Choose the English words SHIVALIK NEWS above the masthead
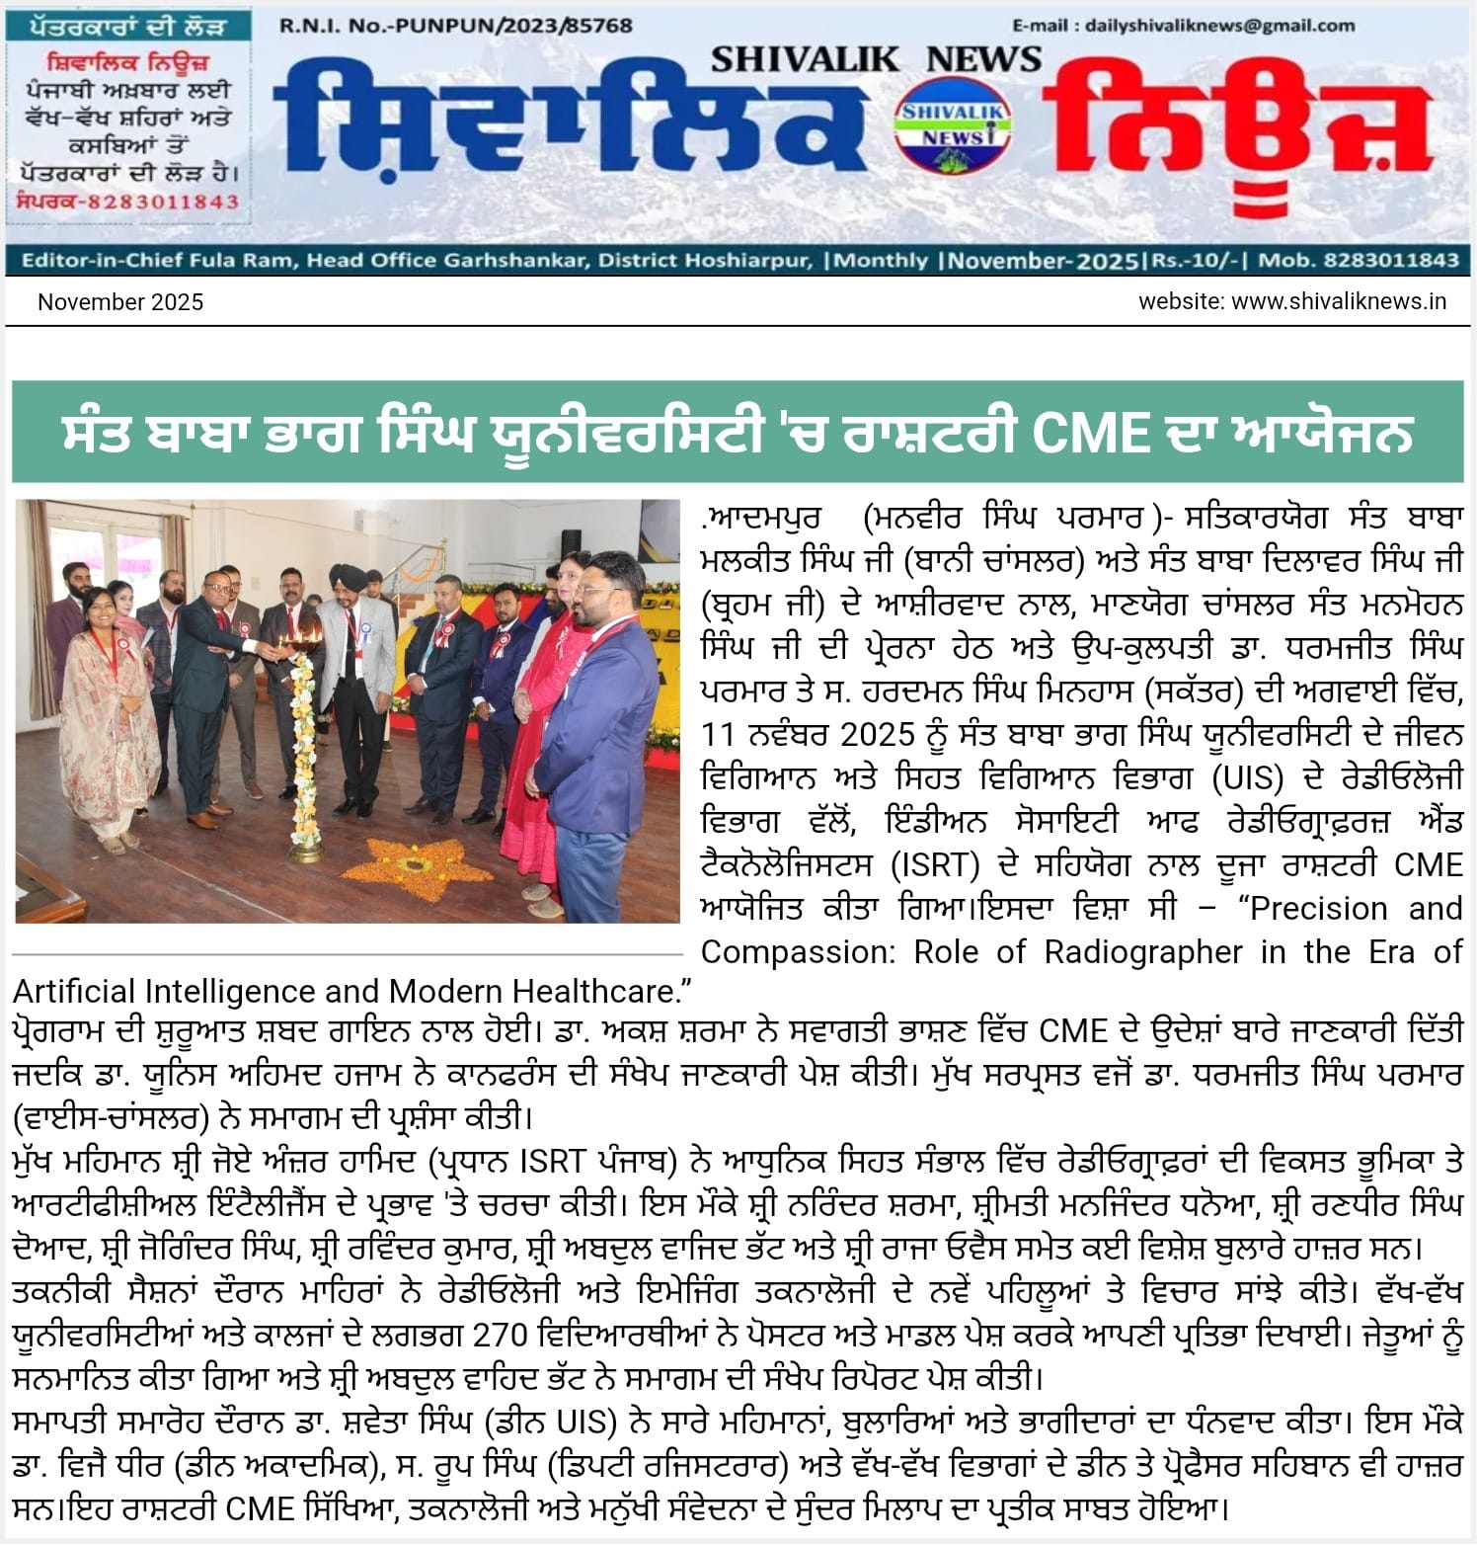click(x=876, y=59)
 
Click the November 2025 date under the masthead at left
click(x=120, y=302)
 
